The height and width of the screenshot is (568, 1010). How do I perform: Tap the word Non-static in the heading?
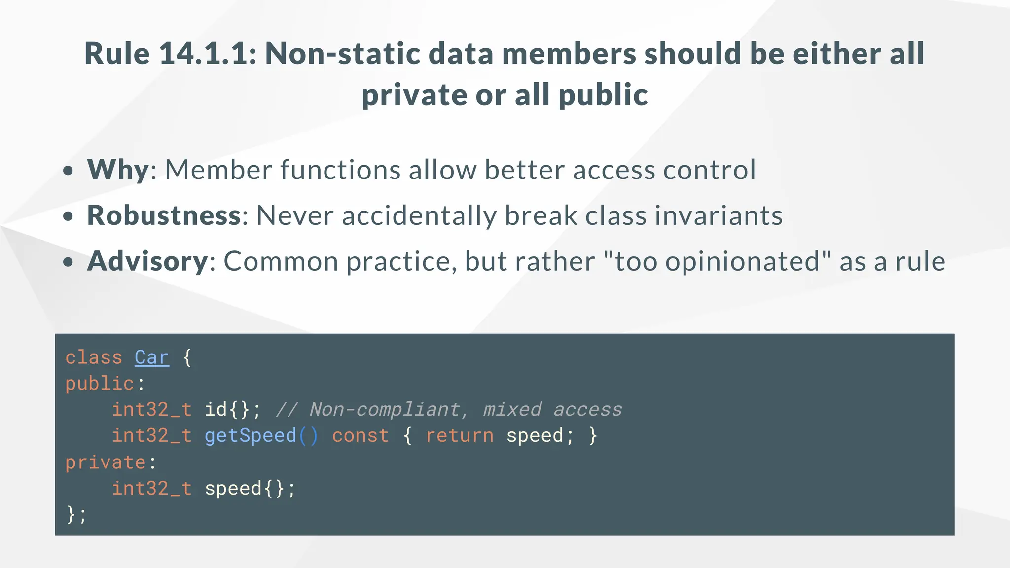[342, 54]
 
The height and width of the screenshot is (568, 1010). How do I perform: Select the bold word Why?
[118, 170]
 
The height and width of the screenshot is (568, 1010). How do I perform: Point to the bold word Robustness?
[164, 216]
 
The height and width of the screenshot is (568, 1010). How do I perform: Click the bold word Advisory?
[147, 261]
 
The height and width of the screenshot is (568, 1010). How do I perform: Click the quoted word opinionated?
[743, 262]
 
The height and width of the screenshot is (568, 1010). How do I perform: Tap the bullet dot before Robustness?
[69, 216]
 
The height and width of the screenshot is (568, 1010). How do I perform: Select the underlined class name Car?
[152, 357]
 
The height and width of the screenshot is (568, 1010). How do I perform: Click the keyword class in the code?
[94, 357]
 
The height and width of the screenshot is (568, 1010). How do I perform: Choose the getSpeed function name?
[250, 436]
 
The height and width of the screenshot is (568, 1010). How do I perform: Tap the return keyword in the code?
[459, 436]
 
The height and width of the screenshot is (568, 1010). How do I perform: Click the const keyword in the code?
[361, 436]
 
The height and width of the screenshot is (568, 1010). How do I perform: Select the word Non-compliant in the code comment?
[385, 410]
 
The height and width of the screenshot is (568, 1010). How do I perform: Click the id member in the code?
[216, 410]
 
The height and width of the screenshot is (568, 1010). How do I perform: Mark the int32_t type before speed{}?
[151, 489]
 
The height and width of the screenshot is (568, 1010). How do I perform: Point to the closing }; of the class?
[76, 515]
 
